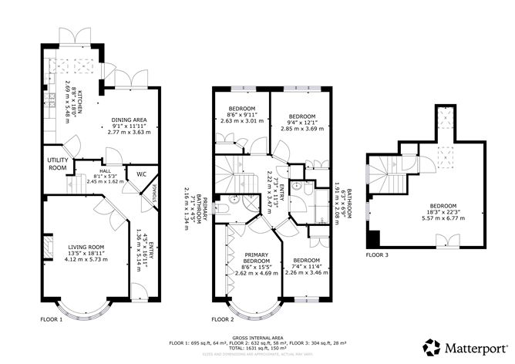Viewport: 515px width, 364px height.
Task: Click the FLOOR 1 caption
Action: (x=52, y=318)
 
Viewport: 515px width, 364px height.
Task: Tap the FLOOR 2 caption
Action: (x=223, y=318)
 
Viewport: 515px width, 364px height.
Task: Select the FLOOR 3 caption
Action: (x=377, y=254)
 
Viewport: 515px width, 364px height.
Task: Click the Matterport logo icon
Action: (x=433, y=345)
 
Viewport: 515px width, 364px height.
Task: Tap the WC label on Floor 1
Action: (x=140, y=174)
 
